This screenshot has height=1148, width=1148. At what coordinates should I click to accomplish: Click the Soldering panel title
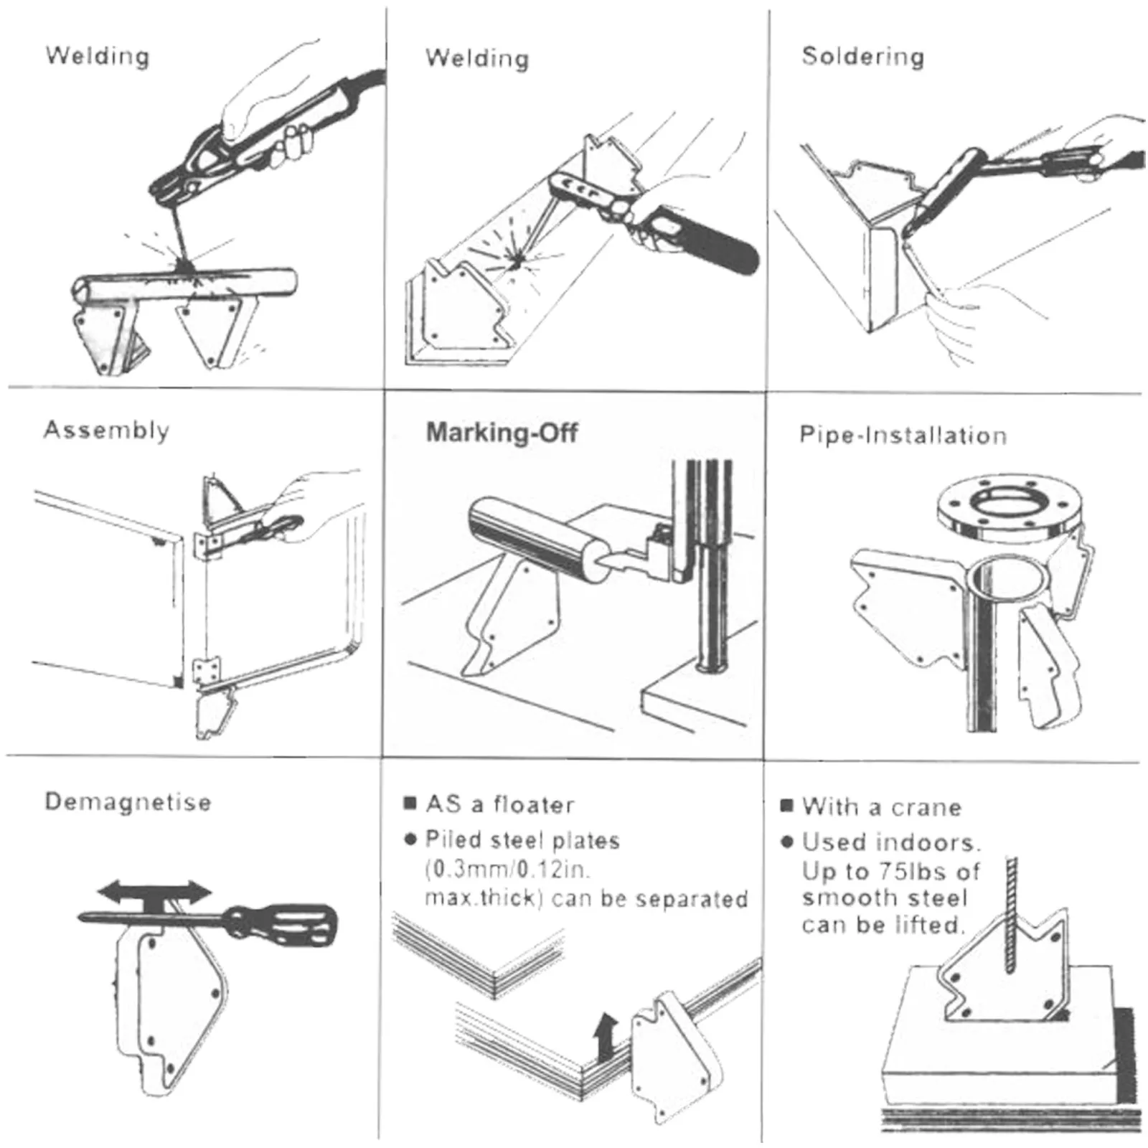(862, 56)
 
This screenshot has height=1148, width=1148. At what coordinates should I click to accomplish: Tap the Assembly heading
(106, 430)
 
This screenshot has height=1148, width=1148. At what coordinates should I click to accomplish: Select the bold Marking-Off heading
(502, 433)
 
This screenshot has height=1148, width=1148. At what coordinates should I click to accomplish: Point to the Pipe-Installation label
(903, 436)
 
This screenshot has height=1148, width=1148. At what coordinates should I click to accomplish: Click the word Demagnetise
(128, 801)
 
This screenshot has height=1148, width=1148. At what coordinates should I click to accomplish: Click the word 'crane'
(926, 808)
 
